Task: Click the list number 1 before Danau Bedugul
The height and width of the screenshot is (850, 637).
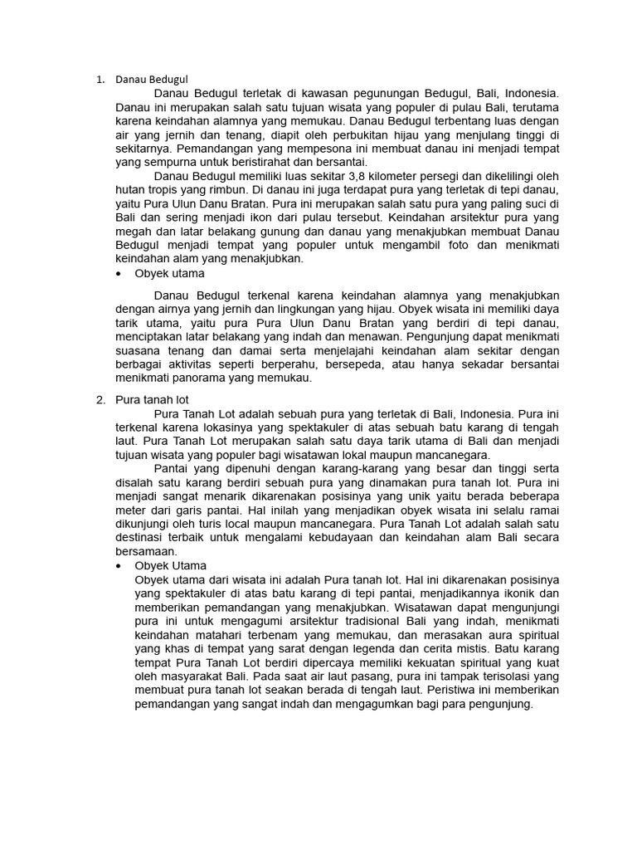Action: coord(99,81)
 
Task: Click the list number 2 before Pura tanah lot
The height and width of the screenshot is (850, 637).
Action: coord(100,400)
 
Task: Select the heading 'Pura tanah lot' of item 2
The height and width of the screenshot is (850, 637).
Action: coord(152,400)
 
